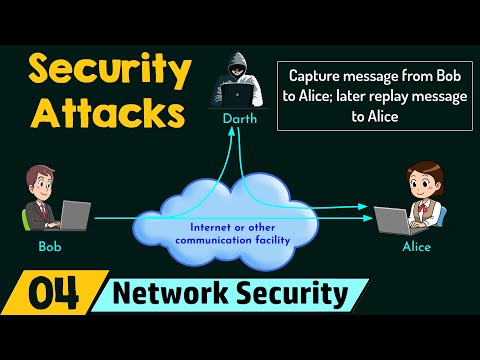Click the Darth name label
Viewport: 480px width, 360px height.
(x=239, y=117)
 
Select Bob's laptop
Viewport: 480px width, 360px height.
(x=75, y=213)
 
